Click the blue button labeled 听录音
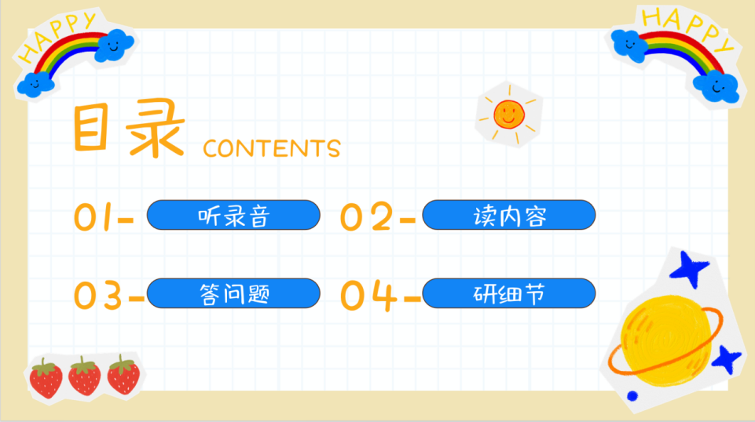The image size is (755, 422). coord(233,215)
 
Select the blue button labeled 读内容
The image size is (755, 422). coord(509,215)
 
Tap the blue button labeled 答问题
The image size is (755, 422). coord(233,293)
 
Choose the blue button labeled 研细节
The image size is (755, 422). coord(509,293)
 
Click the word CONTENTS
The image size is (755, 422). coord(272,148)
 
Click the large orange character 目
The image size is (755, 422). coord(90,128)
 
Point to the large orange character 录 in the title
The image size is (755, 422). coord(156,128)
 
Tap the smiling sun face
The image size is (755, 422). coord(509,115)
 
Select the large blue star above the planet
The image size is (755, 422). coord(690,268)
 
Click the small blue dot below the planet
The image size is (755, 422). coord(632,396)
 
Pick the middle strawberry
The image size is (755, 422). coord(85,377)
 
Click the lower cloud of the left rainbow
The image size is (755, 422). coord(35,85)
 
